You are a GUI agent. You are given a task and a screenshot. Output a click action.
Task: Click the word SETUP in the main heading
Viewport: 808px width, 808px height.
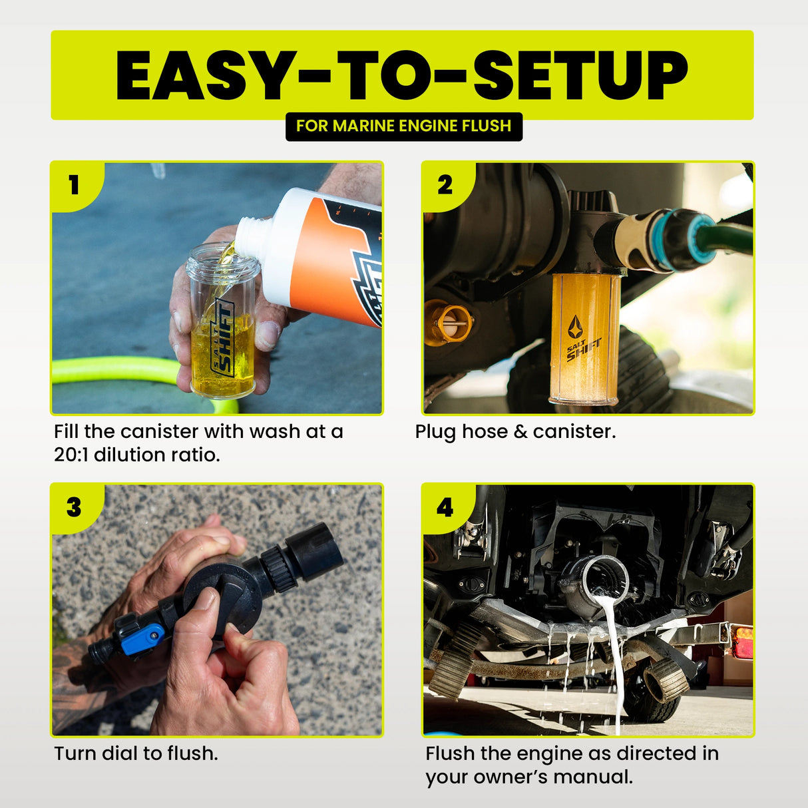click(580, 75)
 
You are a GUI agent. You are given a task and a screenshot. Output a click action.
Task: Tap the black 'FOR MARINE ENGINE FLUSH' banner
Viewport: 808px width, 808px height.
click(403, 126)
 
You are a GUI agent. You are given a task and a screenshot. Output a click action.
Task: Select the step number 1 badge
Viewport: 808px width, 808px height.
click(74, 184)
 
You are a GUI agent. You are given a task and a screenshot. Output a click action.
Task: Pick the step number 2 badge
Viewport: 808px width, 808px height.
click(445, 184)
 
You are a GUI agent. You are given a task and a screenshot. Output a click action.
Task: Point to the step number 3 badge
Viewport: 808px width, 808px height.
click(74, 507)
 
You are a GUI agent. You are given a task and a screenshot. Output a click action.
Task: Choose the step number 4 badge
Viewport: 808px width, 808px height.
click(445, 507)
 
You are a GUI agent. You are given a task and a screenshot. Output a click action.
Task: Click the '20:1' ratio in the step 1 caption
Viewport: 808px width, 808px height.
click(71, 455)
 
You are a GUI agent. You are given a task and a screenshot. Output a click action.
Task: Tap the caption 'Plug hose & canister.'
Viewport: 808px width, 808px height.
click(515, 432)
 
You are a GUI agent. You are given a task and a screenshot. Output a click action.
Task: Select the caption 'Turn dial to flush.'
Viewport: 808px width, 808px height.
click(136, 753)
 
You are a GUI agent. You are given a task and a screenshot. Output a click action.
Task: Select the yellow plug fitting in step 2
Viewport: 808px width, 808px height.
click(448, 322)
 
